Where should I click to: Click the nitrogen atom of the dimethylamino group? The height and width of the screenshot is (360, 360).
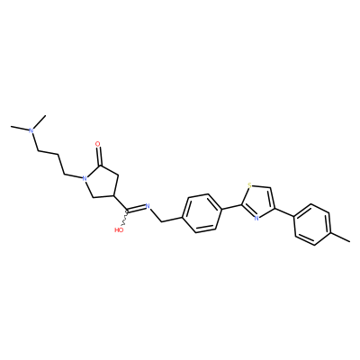pos(31,130)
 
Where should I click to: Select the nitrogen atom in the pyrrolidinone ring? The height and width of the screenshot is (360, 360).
pos(85,179)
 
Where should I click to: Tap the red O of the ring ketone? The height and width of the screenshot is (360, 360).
pos(98,144)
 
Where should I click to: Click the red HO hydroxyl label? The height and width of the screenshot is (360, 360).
pos(119,230)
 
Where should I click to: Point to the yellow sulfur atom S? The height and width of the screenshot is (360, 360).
pos(249,185)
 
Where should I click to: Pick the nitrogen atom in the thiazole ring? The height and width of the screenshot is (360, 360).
pos(256,218)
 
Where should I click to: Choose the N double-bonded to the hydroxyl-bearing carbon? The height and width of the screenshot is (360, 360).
pos(148,206)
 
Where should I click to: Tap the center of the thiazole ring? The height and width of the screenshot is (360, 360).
pos(258,202)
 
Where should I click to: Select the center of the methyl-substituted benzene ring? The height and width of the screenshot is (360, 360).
pos(312,224)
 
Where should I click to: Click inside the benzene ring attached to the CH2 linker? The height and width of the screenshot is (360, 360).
pos(202,213)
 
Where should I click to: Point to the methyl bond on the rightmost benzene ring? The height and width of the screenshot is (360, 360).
pos(340,237)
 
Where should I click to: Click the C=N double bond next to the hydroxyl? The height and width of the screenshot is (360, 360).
pos(136,208)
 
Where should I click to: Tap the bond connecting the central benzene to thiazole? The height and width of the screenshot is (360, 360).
pos(231,207)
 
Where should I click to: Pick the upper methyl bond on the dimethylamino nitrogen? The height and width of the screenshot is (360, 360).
pos(40,121)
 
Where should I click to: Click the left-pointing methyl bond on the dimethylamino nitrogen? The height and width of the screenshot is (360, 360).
pos(20,128)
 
